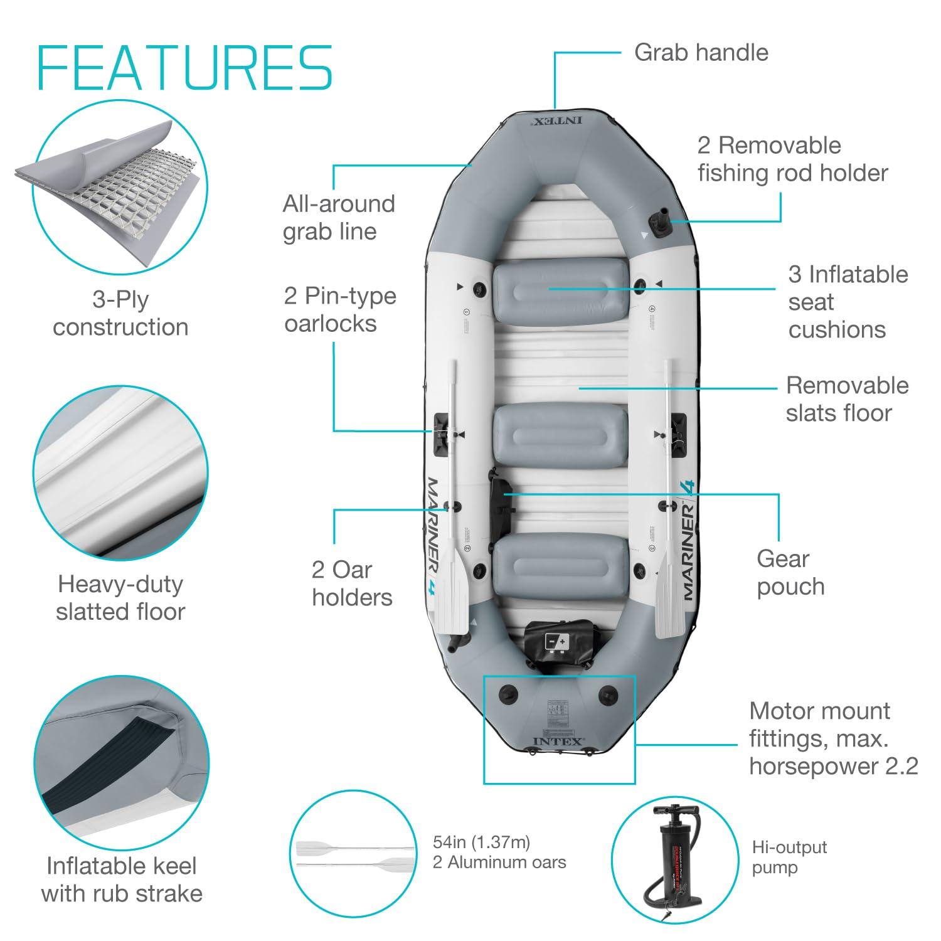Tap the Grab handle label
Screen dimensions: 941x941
pyautogui.click(x=701, y=53)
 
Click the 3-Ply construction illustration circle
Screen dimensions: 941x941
pyautogui.click(x=120, y=188)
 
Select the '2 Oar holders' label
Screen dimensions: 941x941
pyautogui.click(x=351, y=583)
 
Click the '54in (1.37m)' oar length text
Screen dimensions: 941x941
pyautogui.click(x=481, y=842)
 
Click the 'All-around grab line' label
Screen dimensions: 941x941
pyautogui.click(x=338, y=217)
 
